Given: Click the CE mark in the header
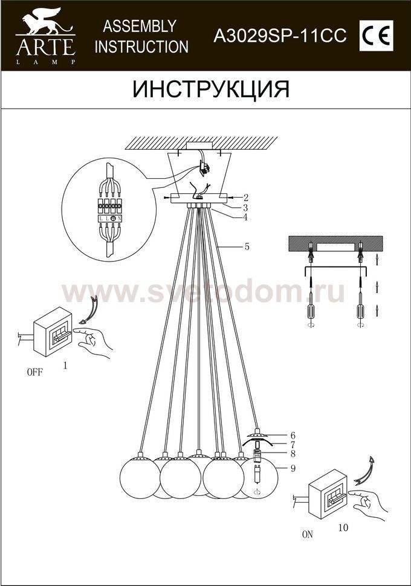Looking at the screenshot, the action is coord(376,36).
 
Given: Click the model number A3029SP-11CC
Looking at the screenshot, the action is coord(280,36).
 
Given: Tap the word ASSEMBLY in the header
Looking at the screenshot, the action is coord(140,26).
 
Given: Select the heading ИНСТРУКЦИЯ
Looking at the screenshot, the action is coord(211,89).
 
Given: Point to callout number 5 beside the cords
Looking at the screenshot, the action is coord(247,246).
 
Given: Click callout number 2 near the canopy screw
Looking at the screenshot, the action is coord(245,197).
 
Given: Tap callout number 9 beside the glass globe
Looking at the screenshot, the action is coord(293,468).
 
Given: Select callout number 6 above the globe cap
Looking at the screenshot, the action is coord(293,436).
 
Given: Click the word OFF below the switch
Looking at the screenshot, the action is coord(35,372).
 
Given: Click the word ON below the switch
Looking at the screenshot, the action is coord(308,535).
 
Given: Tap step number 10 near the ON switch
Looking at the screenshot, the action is coord(343,527).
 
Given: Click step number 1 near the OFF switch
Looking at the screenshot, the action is coord(65,365).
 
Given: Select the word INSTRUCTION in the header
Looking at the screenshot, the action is coord(141,47).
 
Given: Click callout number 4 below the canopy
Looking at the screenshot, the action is coord(245,217).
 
